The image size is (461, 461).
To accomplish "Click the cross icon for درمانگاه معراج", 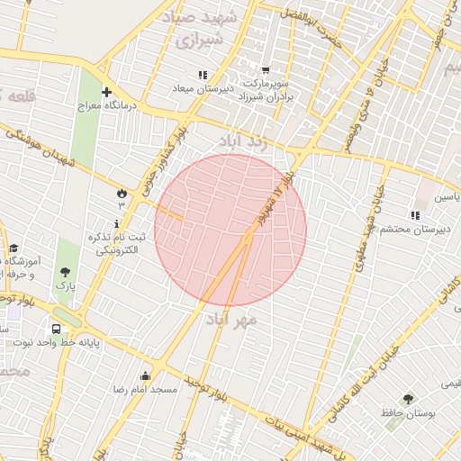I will click(x=107, y=92).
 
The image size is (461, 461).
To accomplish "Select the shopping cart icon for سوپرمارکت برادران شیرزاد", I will click(x=265, y=70).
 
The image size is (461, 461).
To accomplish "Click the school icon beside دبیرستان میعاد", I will click(x=203, y=75).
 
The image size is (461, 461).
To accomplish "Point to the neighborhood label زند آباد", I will click(x=242, y=141).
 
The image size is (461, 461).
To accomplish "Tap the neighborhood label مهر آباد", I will click(x=231, y=320).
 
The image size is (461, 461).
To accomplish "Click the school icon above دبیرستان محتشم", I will click(x=415, y=215).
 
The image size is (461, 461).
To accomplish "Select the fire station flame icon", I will click(x=121, y=192).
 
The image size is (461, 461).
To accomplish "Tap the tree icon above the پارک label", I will click(x=65, y=271).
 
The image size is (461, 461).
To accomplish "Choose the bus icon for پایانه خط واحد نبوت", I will click(x=57, y=330).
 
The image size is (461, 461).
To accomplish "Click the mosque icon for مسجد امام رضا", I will click(x=145, y=375).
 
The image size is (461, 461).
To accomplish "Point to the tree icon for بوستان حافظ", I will click(x=408, y=398).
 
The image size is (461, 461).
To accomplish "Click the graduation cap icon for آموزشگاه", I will click(x=14, y=249).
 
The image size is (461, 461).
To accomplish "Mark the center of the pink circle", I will click(x=230, y=230).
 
